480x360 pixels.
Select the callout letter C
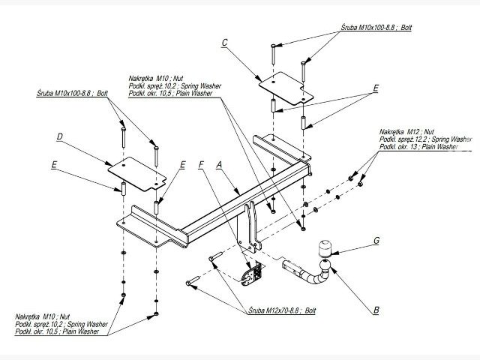[224, 43]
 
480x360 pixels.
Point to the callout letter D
[58, 136]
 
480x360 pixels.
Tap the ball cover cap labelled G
[327, 248]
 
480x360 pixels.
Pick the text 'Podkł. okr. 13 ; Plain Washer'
[418, 146]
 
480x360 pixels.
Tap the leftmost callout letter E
[54, 164]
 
